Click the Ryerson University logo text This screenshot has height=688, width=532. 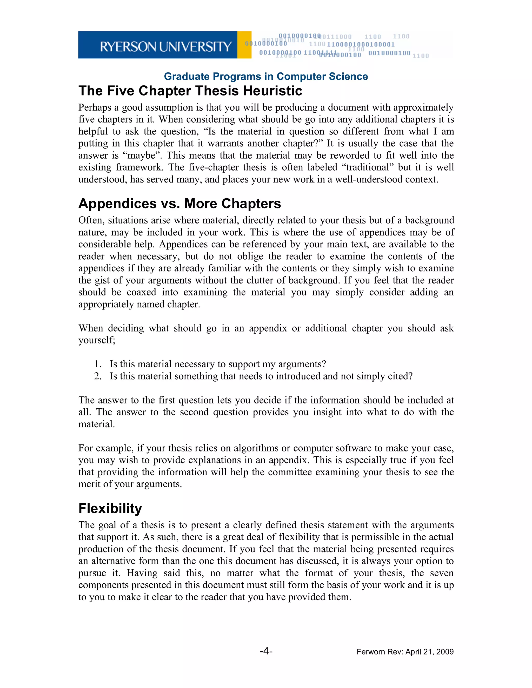[166, 47]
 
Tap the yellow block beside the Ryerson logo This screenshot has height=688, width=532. [244, 45]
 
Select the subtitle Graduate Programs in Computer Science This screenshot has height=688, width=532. [266, 77]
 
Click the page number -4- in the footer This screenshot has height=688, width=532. [266, 651]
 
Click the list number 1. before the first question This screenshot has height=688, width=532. [98, 364]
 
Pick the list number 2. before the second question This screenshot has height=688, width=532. [98, 376]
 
